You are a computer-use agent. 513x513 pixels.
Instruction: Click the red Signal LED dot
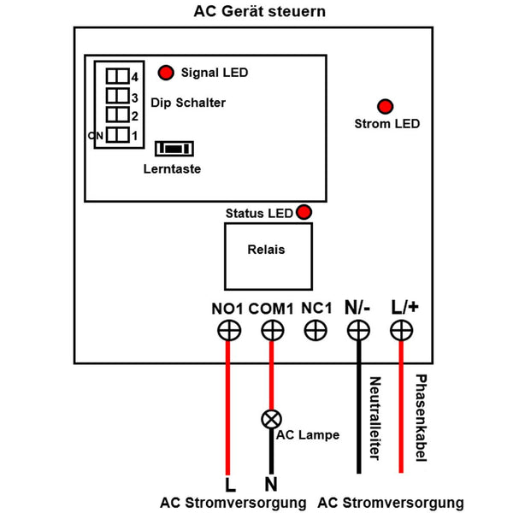pos(166,73)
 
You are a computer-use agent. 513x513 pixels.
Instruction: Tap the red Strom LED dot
pos(385,106)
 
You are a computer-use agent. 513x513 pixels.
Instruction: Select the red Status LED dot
pos(304,212)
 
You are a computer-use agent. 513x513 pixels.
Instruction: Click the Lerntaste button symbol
pos(174,149)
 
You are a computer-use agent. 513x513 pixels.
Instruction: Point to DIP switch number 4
pos(118,76)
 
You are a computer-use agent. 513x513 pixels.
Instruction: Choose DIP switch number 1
pos(118,135)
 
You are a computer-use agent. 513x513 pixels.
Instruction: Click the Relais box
pos(268,256)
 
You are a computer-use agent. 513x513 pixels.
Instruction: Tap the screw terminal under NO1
pos(229,330)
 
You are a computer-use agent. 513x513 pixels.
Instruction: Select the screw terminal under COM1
pos(272,330)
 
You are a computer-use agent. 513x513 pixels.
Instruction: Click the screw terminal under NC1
pos(315,330)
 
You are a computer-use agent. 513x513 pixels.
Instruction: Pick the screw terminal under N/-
pos(358,330)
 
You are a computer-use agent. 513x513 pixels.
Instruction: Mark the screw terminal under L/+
pos(402,330)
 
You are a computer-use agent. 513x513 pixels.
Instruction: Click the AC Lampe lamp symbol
pos(272,419)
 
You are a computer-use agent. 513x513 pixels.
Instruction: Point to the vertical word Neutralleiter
pos(375,418)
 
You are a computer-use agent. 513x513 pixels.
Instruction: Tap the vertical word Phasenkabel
pos(421,418)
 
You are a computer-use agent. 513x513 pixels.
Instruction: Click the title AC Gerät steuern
pos(260,11)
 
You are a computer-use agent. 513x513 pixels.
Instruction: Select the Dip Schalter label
pos(188,103)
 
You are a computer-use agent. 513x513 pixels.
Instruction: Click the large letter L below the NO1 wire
pos(230,485)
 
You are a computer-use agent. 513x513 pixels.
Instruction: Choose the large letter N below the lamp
pos(271,484)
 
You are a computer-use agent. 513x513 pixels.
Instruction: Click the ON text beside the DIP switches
pos(96,135)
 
